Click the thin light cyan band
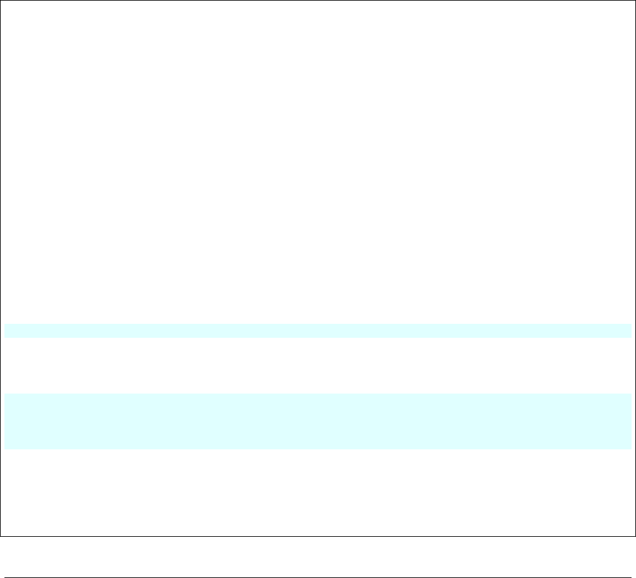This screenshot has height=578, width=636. [x=318, y=331]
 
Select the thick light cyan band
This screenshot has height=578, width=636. [x=318, y=421]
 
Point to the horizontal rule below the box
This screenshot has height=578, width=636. [x=318, y=560]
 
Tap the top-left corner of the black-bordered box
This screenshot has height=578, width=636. [x=1, y=1]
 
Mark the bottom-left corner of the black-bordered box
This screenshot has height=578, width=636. [x=1, y=536]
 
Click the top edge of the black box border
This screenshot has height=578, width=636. [x=318, y=1]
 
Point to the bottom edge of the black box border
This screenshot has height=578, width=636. [x=318, y=536]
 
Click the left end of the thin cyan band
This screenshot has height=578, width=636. [x=6, y=331]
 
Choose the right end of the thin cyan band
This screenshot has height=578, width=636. [x=630, y=331]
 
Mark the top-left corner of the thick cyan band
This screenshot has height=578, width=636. [x=5, y=394]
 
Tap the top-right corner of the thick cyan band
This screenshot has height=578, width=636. [x=631, y=394]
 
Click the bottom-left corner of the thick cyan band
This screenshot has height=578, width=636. [x=5, y=449]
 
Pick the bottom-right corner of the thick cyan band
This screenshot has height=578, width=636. [x=631, y=449]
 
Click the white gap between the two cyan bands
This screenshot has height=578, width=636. [x=318, y=366]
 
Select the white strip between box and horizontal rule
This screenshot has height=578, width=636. [x=318, y=549]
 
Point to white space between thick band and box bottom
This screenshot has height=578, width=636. [x=318, y=492]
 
